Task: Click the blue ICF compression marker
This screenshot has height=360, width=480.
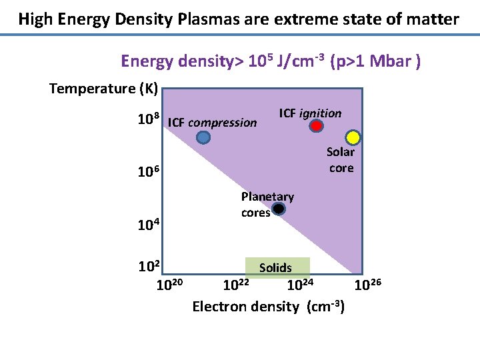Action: click(x=203, y=137)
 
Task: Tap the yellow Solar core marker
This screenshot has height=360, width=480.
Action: click(x=353, y=138)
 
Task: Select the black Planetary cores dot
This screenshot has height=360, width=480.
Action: click(x=279, y=209)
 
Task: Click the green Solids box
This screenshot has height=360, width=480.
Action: click(x=277, y=267)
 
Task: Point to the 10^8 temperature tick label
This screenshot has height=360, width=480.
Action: click(x=148, y=121)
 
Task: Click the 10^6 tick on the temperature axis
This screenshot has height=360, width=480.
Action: click(x=148, y=172)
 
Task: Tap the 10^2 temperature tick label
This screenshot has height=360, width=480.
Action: click(x=148, y=267)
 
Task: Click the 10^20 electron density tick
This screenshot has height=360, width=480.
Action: click(x=169, y=286)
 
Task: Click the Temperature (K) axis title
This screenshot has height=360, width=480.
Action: click(x=103, y=89)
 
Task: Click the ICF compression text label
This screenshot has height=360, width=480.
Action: click(x=213, y=123)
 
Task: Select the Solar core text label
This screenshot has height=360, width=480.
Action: click(x=341, y=160)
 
